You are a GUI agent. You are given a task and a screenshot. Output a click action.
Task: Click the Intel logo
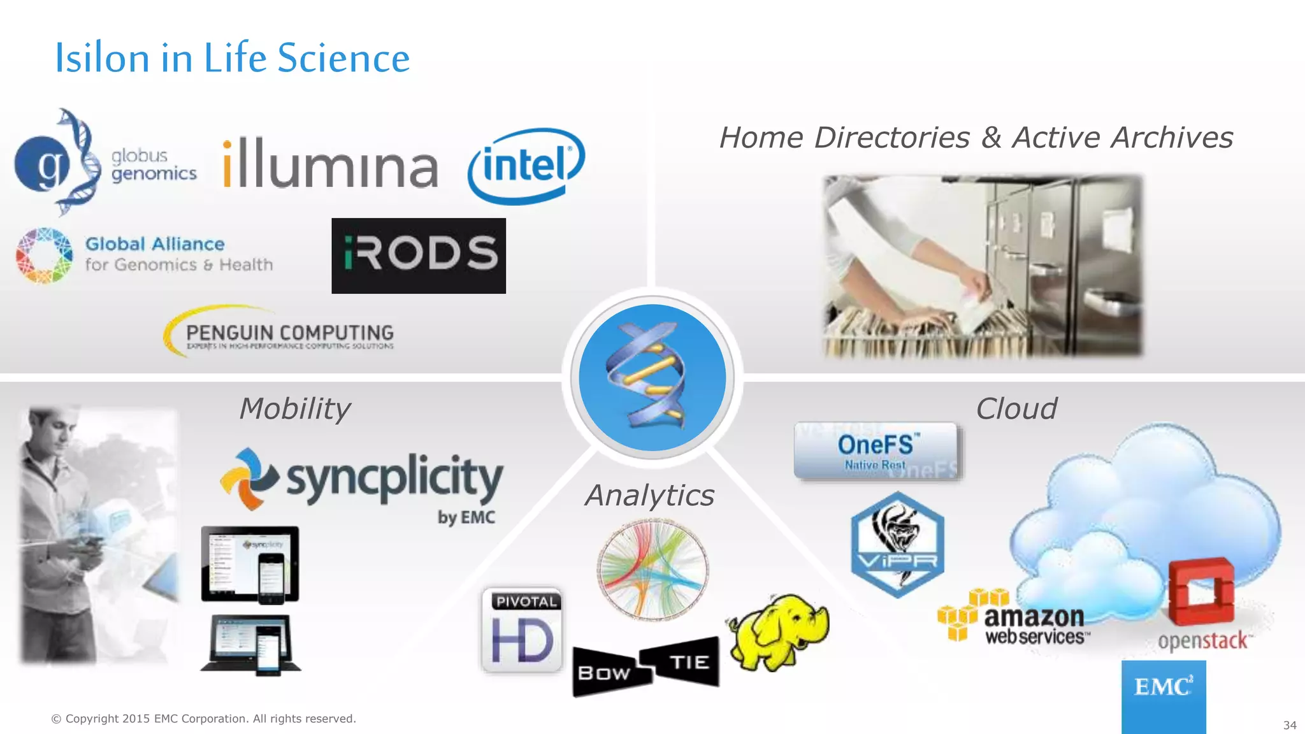pyautogui.click(x=526, y=166)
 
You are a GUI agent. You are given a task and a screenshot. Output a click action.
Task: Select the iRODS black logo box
pyautogui.click(x=419, y=255)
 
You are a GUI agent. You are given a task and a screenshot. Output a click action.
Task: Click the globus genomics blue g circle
pyautogui.click(x=42, y=164)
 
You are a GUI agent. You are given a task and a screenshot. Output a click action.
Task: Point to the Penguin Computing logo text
pyautogui.click(x=289, y=333)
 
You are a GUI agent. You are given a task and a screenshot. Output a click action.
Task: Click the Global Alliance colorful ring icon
pyautogui.click(x=44, y=255)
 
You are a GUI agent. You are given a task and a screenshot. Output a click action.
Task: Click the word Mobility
pyautogui.click(x=295, y=408)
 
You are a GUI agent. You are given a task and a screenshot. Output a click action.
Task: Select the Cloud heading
pyautogui.click(x=1016, y=408)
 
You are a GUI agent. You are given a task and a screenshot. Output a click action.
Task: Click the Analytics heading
pyautogui.click(x=649, y=495)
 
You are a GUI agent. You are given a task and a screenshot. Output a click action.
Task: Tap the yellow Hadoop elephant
pyautogui.click(x=778, y=631)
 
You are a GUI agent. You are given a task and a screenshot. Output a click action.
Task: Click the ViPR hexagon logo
pyautogui.click(x=897, y=545)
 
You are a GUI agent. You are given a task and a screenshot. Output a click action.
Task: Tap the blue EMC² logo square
pyautogui.click(x=1163, y=696)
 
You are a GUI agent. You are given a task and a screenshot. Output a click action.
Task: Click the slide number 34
pyautogui.click(x=1289, y=725)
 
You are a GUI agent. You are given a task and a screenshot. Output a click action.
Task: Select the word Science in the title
pyautogui.click(x=343, y=58)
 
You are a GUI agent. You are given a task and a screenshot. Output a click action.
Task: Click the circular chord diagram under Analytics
pyautogui.click(x=652, y=570)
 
